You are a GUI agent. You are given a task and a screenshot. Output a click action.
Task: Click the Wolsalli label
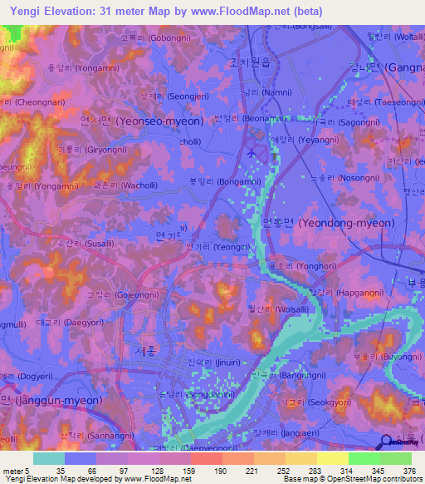point(277,308)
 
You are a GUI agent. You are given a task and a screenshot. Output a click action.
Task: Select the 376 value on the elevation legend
point(408,470)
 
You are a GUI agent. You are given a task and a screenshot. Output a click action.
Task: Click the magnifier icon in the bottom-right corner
point(385,442)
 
